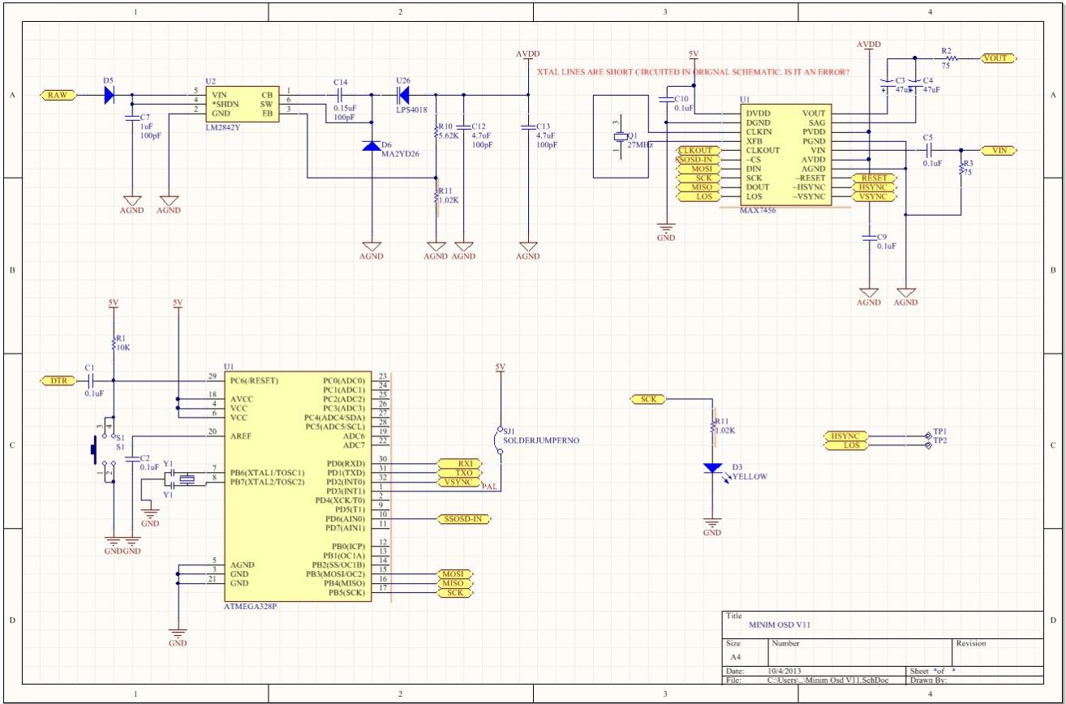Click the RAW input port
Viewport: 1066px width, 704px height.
(x=58, y=95)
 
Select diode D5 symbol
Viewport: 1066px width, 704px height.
(x=110, y=95)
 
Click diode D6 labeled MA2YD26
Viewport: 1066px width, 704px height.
(x=372, y=147)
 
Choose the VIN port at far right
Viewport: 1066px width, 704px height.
(x=996, y=151)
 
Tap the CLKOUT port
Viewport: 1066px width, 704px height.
(x=695, y=151)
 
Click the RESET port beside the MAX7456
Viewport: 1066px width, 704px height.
(x=874, y=178)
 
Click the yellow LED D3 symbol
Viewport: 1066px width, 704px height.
(x=712, y=469)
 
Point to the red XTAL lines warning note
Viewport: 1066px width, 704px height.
(x=694, y=72)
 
